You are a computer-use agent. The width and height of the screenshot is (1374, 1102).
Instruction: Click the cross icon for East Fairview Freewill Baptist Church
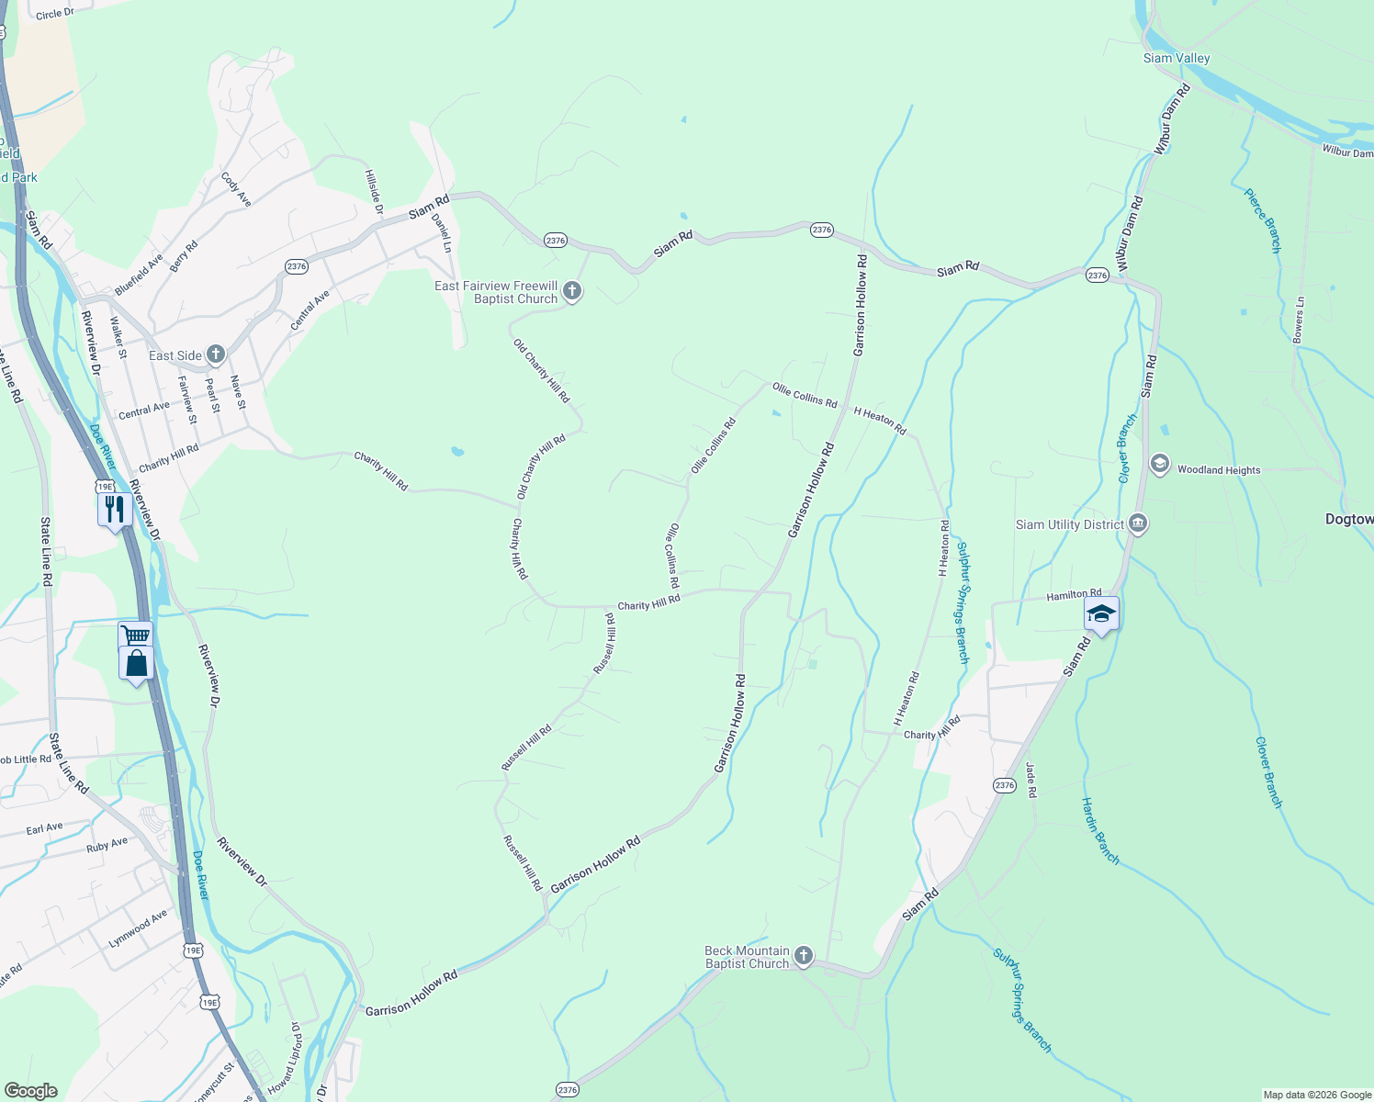[x=572, y=292]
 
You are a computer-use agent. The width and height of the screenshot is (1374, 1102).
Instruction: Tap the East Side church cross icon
[x=216, y=354]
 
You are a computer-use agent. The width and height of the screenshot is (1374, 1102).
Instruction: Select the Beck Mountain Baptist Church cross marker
[x=804, y=957]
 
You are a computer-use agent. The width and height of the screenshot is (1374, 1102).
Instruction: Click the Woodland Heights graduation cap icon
[x=1160, y=463]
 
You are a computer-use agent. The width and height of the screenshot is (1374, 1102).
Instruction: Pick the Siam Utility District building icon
[x=1138, y=524]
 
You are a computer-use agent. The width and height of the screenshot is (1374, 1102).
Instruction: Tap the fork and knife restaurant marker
[x=114, y=508]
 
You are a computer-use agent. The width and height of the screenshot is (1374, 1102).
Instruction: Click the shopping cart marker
[x=135, y=635]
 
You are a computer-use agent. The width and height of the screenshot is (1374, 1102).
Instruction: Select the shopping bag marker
[x=136, y=663]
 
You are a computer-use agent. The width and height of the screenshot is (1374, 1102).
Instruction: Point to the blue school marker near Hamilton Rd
[x=1100, y=613]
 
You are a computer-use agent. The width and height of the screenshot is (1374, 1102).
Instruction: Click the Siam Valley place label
[x=1176, y=58]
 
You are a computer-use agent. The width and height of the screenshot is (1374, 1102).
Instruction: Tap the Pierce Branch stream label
[x=1263, y=220]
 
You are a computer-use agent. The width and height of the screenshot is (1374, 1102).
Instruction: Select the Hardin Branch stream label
[x=1100, y=830]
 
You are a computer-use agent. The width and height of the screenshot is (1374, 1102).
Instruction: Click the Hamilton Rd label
[x=1074, y=595]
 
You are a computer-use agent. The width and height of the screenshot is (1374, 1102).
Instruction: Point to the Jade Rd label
[x=1030, y=780]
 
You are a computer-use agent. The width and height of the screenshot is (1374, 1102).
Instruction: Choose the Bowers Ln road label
[x=1299, y=320]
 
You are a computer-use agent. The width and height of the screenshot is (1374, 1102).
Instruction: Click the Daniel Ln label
[x=442, y=233]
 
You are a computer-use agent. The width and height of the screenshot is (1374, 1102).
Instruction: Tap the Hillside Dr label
[x=373, y=191]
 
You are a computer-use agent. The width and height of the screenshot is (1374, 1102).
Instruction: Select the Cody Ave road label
[x=236, y=187]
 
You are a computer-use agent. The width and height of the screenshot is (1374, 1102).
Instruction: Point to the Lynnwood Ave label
[x=138, y=928]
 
